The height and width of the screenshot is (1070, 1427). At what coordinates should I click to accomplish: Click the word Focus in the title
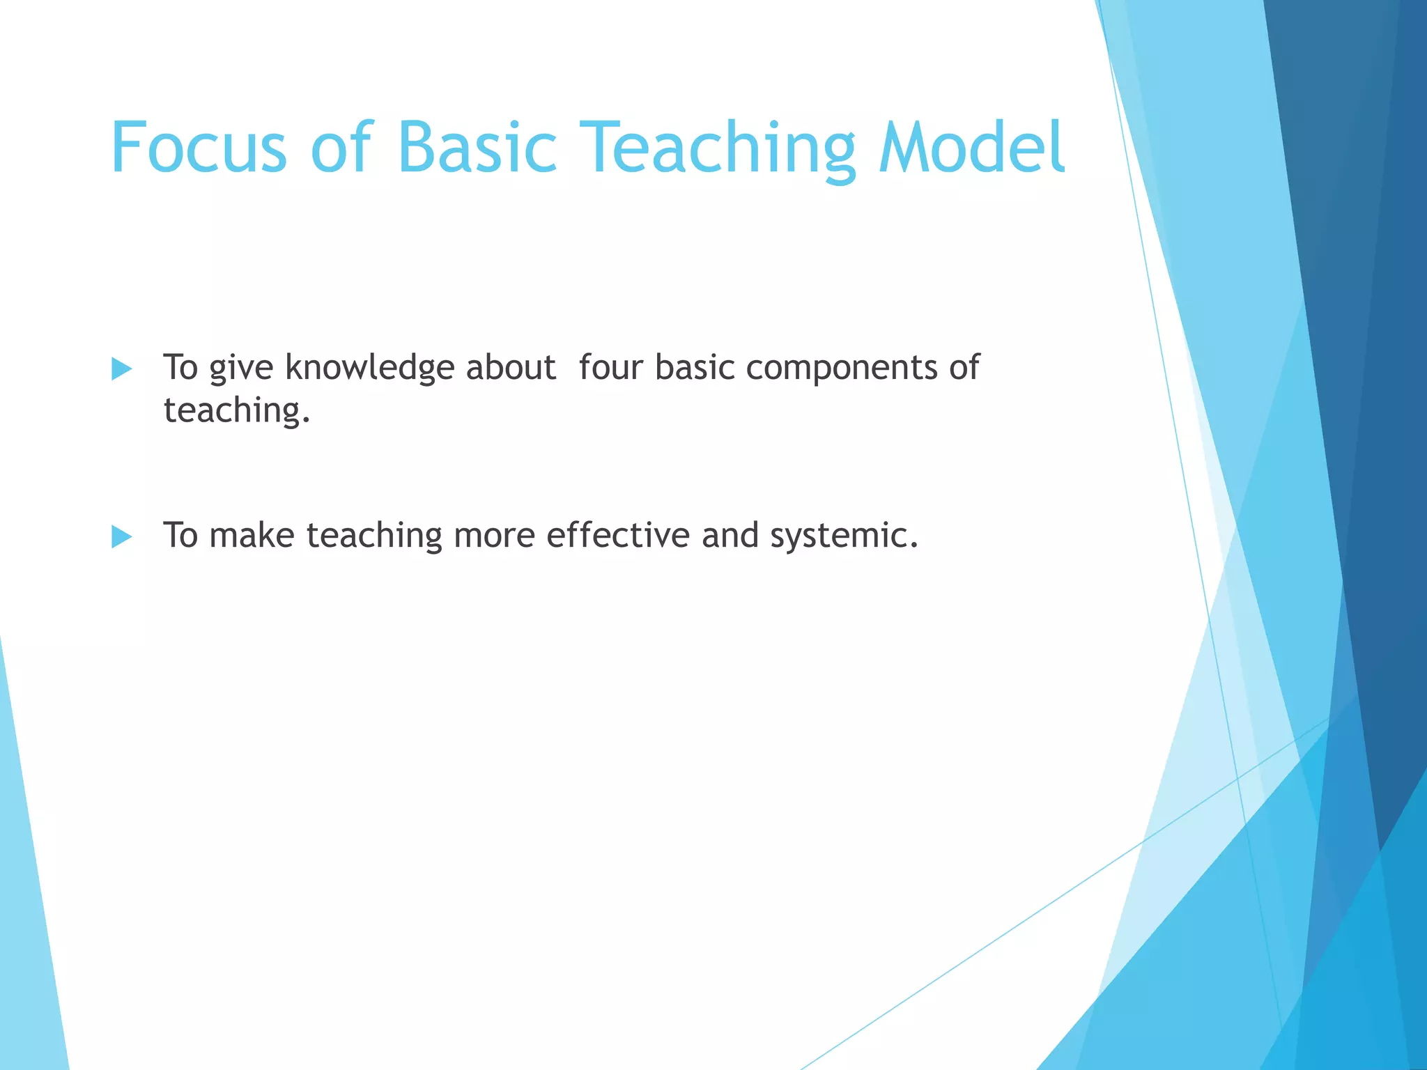199,148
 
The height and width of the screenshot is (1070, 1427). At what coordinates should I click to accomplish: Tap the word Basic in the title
477,148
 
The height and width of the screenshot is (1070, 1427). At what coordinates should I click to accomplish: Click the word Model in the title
971,148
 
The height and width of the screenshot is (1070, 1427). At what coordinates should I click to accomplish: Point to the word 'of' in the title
342,148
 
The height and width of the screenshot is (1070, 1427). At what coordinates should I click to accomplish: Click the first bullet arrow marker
121,369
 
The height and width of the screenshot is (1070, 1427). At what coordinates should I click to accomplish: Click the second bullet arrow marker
121,536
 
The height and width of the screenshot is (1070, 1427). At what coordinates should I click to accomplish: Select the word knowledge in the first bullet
370,368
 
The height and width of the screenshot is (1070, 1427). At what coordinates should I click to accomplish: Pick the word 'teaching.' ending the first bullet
236,411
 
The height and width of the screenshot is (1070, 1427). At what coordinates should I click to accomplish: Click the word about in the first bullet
511,367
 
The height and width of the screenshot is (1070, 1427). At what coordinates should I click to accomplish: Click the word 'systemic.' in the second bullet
844,536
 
